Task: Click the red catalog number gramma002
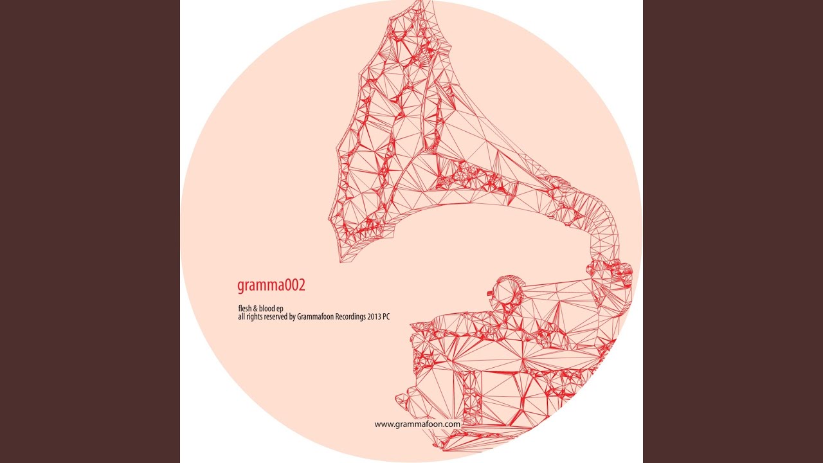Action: pyautogui.click(x=271, y=286)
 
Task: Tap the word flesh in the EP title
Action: pyautogui.click(x=245, y=308)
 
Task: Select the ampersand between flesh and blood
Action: pyautogui.click(x=256, y=309)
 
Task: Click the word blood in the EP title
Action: pyautogui.click(x=267, y=308)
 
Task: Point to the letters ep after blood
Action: pyautogui.click(x=280, y=309)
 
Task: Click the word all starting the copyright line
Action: pyautogui.click(x=240, y=317)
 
